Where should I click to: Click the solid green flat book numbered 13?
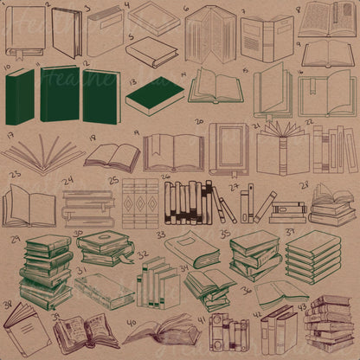[154, 95]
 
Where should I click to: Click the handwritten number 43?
[302, 307]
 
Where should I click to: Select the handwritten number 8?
[299, 10]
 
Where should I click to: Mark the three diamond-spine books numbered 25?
[140, 204]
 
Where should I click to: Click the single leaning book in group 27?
[226, 208]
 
